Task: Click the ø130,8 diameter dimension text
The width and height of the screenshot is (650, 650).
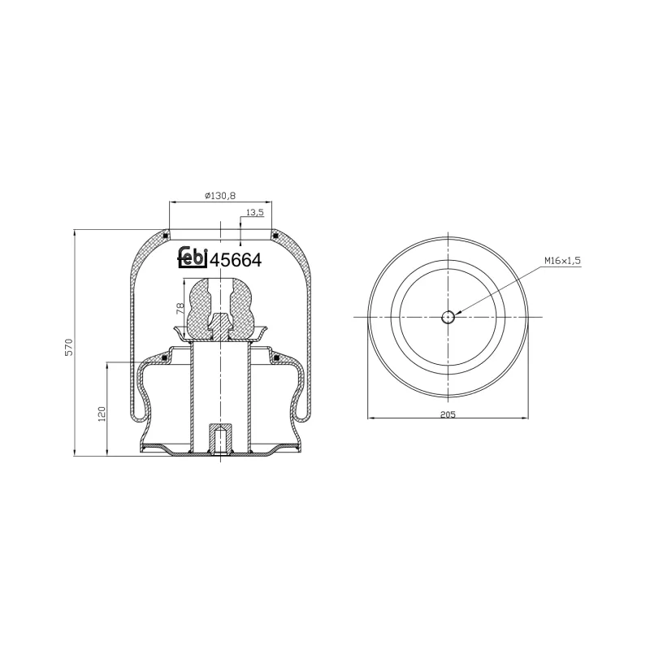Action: point(219,196)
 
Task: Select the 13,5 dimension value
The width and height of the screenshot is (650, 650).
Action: point(253,212)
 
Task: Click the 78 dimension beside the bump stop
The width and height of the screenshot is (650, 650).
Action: point(180,308)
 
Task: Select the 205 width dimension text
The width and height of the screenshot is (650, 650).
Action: point(447,414)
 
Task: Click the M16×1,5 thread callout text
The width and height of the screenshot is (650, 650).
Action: point(563,261)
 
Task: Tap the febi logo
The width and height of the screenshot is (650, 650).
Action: point(192,258)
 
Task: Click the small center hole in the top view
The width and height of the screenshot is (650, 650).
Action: point(448,317)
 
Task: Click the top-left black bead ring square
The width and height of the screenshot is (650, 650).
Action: point(166,236)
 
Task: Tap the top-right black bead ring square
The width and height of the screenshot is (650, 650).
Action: point(276,236)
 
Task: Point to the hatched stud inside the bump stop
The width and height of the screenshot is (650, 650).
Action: point(219,327)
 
